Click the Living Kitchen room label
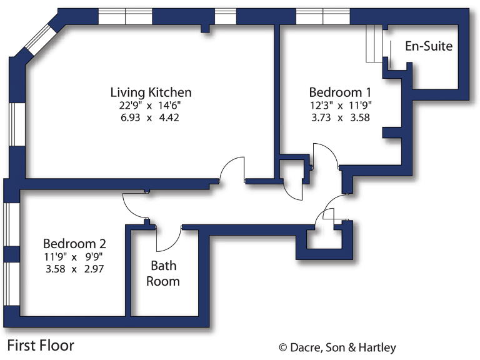point(151,92)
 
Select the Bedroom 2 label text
point(74,243)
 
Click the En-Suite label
point(429,46)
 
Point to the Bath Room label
point(163,273)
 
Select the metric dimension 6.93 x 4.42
point(151,117)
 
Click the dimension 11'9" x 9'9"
point(74,256)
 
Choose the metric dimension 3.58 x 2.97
point(74,269)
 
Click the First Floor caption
point(41,345)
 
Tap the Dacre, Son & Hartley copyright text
point(337,347)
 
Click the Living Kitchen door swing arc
point(234,167)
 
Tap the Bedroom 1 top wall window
point(322,16)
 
